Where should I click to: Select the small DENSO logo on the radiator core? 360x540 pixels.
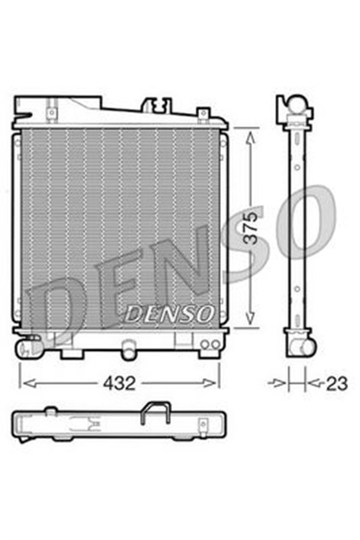tap(168, 313)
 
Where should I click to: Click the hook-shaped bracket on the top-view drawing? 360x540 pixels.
tap(157, 413)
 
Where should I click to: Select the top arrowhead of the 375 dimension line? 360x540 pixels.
tap(249, 133)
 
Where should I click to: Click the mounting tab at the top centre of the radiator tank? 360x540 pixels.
tap(158, 105)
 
